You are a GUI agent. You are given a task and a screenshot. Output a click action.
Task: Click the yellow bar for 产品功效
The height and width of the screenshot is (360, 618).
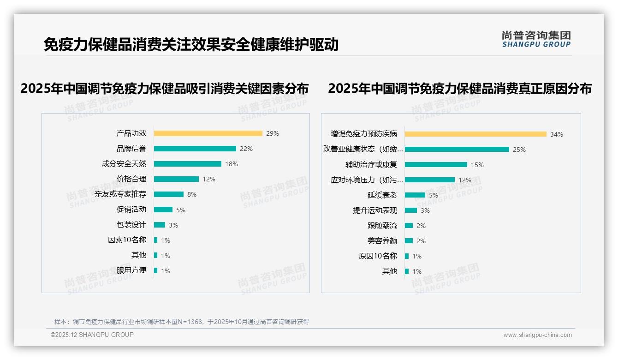coord(208,133)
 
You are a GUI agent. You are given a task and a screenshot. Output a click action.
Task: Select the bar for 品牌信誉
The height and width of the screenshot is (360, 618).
coord(195,149)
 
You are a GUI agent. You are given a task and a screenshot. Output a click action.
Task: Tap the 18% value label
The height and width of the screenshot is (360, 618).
coord(232,164)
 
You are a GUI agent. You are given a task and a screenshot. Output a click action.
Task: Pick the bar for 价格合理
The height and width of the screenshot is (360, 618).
coord(176,179)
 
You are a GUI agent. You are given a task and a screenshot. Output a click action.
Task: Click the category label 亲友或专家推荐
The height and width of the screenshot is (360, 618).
coord(120,194)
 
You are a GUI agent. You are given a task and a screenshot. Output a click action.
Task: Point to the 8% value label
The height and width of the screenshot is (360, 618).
coord(192,194)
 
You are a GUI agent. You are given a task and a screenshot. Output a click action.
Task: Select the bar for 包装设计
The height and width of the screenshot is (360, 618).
coord(160,225)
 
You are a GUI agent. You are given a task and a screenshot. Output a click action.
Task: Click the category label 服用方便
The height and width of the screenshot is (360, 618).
coord(131,270)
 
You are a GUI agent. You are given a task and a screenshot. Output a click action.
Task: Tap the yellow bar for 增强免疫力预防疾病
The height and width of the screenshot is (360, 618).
coord(475,134)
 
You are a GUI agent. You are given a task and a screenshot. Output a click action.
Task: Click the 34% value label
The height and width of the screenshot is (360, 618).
coord(557,134)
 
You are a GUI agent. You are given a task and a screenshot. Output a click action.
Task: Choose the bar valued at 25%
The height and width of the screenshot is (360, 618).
coord(457,150)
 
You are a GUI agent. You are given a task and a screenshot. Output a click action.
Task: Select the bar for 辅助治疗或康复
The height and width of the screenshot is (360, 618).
coord(436,165)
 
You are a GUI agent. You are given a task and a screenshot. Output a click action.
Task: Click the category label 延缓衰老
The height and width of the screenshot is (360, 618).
coord(382,195)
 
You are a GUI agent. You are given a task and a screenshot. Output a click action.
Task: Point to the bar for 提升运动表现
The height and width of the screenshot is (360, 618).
coord(411,210)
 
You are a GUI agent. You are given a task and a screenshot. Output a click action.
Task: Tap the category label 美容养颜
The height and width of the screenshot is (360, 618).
coord(382,241)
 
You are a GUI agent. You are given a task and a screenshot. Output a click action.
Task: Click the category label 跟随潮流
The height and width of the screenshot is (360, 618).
coord(382,226)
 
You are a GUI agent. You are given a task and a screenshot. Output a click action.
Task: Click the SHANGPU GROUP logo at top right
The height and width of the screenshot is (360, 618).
coord(536,39)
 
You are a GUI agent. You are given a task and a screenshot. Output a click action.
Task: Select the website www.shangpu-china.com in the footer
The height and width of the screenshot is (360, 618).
coord(537,335)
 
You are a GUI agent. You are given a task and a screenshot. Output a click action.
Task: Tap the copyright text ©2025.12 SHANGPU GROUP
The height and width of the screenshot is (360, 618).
coord(92,335)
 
